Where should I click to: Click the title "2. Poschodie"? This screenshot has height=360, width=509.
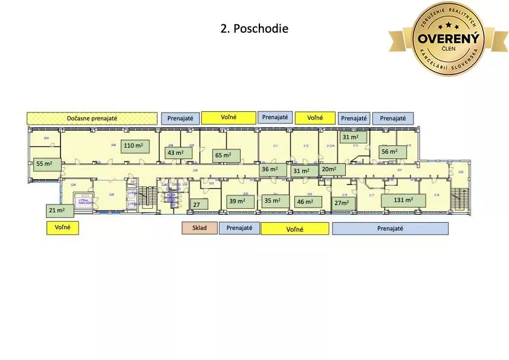coord(254,29)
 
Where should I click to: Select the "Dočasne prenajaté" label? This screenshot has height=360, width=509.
coord(92,119)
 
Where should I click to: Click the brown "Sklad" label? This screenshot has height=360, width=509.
coord(199,228)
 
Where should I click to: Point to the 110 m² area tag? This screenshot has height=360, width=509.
coord(135,146)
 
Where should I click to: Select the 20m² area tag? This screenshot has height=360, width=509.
coord(332,169)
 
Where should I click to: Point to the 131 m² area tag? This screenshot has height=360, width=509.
coord(403,200)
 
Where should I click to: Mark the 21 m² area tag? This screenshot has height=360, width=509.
coord(60,211)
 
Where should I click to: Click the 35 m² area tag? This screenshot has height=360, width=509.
coord(273,201)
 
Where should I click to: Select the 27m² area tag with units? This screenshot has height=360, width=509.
coord(344,203)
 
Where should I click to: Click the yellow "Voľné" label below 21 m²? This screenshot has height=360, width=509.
coord(63,228)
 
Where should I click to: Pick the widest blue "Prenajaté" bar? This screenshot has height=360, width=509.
coord(391,229)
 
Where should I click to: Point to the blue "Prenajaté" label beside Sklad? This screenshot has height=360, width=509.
coord(239,228)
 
